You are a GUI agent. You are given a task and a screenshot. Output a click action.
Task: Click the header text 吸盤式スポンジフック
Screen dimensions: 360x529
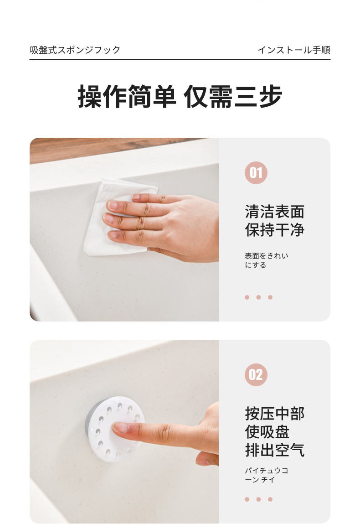75,50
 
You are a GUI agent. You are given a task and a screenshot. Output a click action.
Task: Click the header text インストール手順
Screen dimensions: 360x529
294,50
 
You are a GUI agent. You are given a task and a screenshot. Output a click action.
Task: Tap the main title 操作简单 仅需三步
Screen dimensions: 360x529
180,97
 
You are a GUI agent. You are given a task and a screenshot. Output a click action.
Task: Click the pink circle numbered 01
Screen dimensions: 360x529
256,173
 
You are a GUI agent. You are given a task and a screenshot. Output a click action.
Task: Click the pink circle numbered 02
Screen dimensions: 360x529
256,374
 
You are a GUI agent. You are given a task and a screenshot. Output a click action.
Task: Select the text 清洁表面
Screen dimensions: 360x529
275,212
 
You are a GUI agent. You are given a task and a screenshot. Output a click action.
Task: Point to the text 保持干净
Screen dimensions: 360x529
275,230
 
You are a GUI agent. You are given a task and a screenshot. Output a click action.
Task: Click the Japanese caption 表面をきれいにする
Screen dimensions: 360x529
266,260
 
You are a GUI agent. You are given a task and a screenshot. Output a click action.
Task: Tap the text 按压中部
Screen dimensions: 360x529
275,414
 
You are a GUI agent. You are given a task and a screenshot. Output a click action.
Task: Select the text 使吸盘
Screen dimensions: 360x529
267,432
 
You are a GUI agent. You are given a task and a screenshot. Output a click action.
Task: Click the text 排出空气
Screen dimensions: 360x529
275,450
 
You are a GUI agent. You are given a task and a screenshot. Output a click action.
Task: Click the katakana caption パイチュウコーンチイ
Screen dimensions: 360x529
266,475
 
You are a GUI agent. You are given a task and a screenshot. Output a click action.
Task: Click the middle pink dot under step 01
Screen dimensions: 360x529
258,297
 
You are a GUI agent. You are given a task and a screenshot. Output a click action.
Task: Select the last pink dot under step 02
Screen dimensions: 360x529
270,499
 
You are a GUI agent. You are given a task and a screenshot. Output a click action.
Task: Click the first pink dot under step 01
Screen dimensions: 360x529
247,297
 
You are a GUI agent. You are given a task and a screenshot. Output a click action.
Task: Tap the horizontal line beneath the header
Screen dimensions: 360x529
180,60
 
